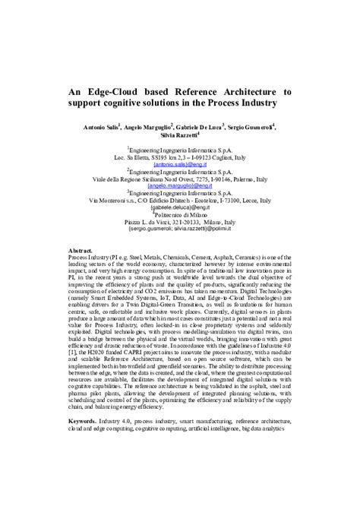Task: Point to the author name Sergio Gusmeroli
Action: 248,125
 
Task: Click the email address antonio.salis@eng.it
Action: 180,163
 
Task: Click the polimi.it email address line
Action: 180,227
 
